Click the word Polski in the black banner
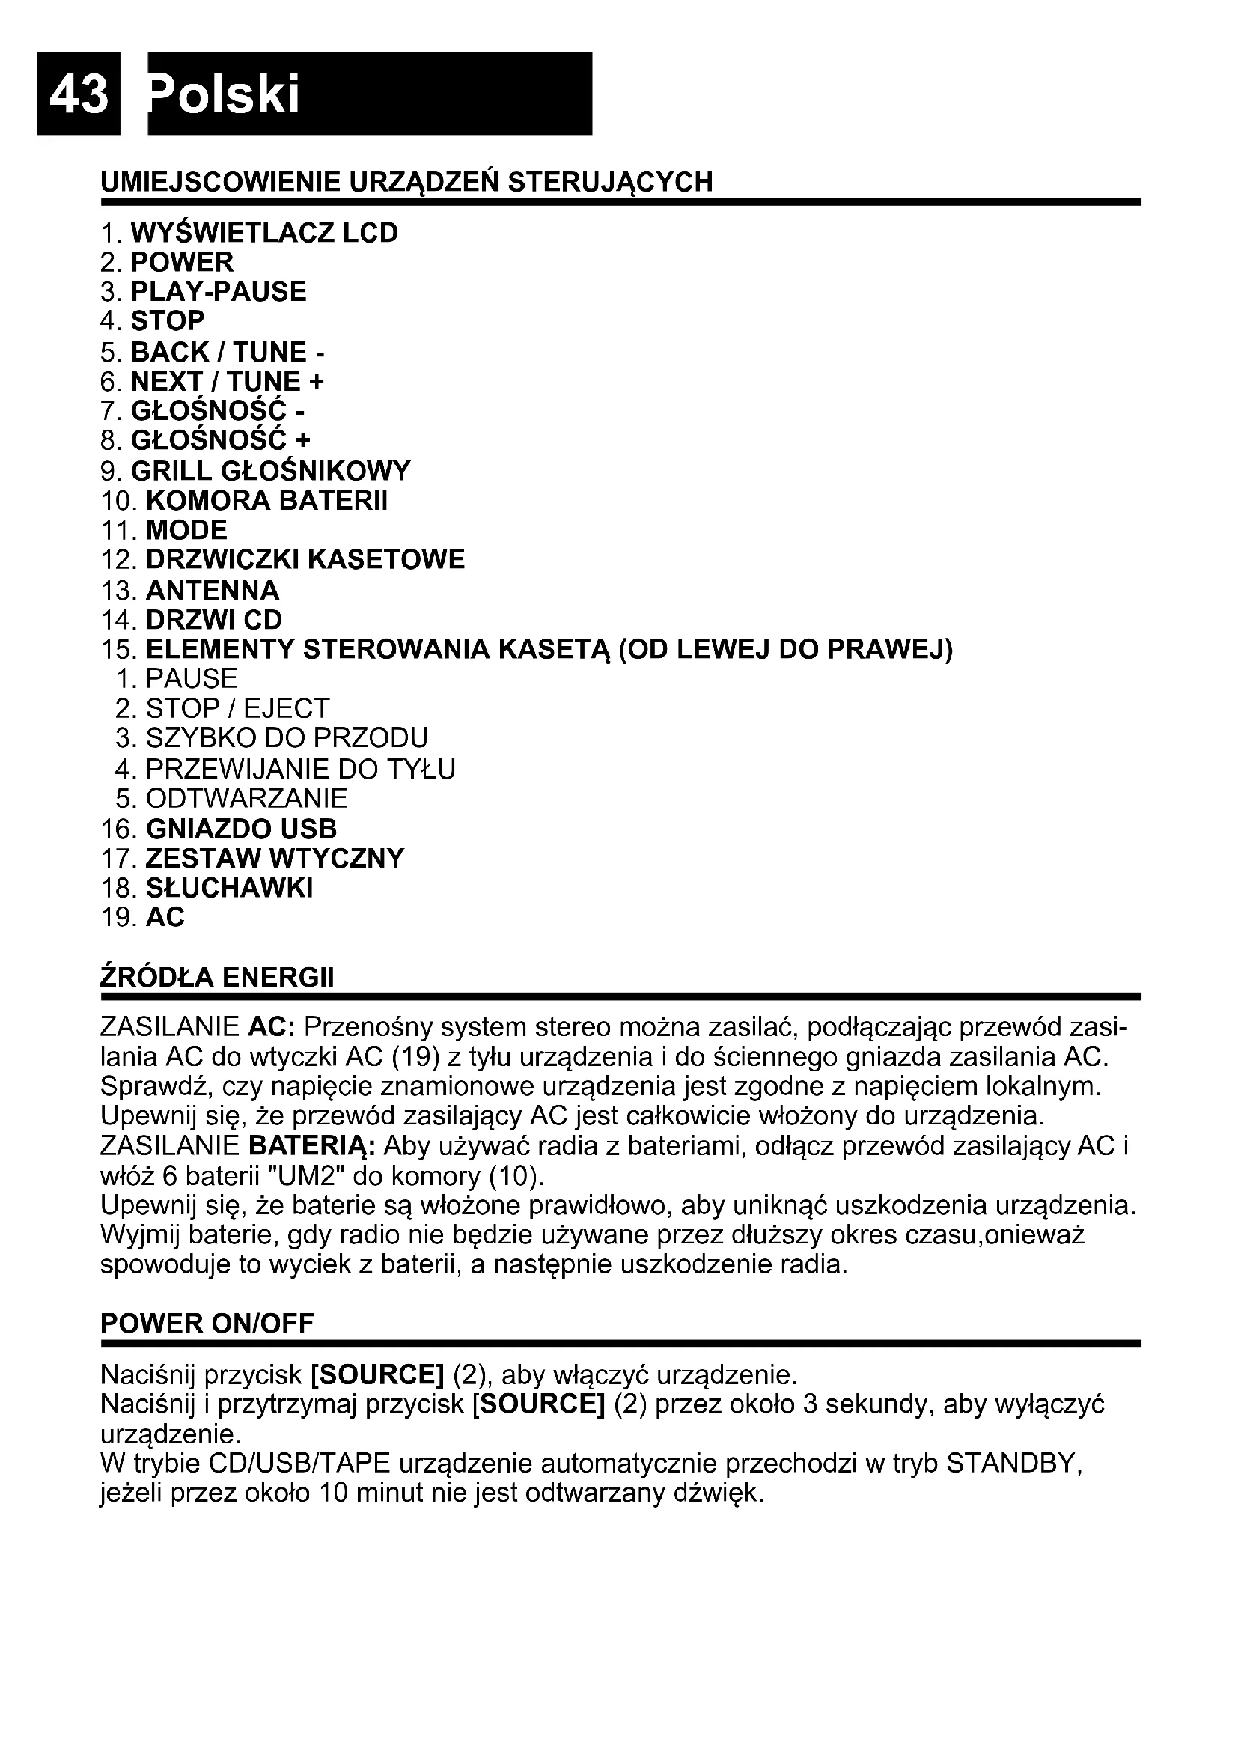coord(225,95)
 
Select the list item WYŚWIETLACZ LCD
coord(263,233)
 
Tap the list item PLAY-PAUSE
coord(219,291)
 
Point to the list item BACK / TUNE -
coord(228,352)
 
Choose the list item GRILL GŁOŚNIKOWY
coord(271,471)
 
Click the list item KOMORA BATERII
coord(266,500)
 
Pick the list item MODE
coord(187,530)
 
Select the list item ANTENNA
coord(213,590)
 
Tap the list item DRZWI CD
coord(214,619)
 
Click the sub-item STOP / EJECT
coord(237,708)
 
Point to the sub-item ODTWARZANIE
coord(247,799)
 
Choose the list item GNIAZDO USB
coord(241,828)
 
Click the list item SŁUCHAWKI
coord(230,888)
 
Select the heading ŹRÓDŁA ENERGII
coord(217,977)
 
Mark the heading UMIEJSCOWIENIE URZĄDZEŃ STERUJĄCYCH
coord(407,182)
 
